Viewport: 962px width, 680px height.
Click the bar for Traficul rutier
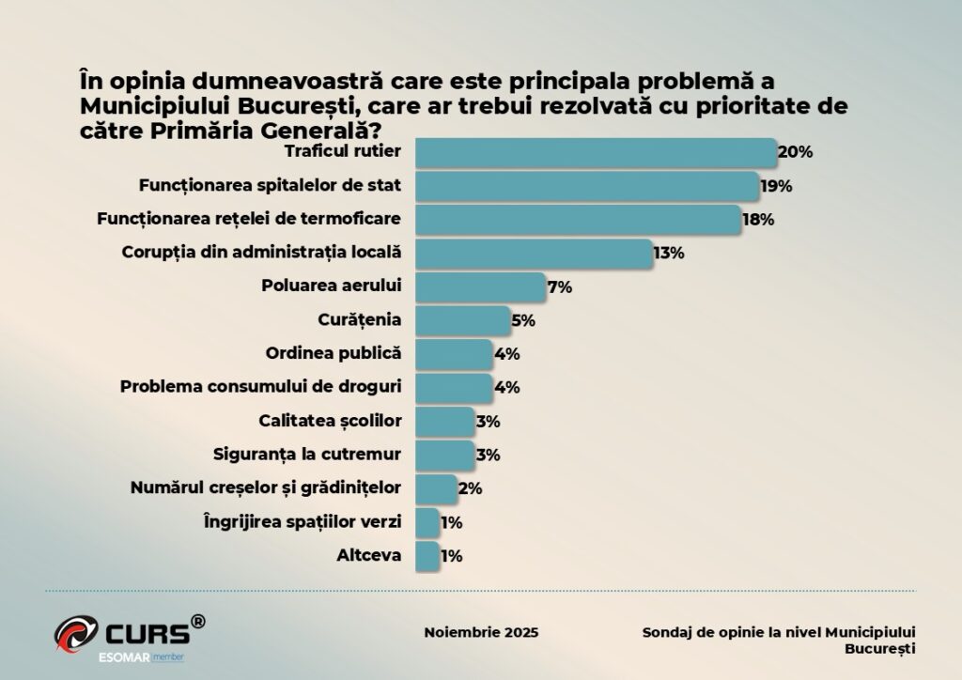(x=596, y=152)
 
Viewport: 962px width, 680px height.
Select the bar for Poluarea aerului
(x=480, y=286)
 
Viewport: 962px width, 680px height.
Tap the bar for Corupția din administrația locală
(x=534, y=253)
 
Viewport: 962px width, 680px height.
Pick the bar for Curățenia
(x=462, y=320)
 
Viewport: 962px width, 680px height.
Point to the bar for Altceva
(x=427, y=555)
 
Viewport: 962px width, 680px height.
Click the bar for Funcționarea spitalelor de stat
(x=587, y=186)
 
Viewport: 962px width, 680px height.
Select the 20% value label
(x=795, y=152)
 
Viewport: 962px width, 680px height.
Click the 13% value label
(x=669, y=253)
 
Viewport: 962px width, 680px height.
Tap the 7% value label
(x=560, y=286)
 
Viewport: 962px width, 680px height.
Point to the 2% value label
(x=470, y=487)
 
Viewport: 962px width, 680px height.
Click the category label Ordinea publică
(x=334, y=354)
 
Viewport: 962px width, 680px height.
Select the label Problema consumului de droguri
(x=261, y=387)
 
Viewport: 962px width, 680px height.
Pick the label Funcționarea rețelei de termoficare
(x=249, y=219)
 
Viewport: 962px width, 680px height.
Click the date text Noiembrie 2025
(x=482, y=632)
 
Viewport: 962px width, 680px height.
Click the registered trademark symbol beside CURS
(x=198, y=621)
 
